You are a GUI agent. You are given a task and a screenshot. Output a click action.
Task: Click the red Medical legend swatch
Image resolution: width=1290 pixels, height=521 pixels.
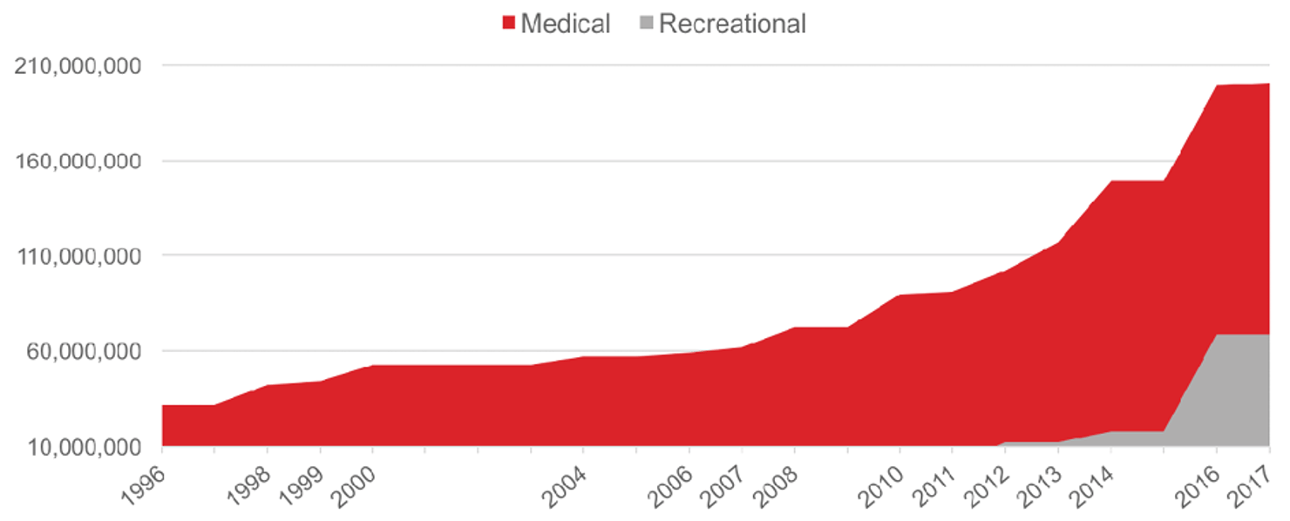point(509,24)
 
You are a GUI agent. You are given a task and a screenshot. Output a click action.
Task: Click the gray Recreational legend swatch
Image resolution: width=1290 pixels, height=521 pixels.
point(647,24)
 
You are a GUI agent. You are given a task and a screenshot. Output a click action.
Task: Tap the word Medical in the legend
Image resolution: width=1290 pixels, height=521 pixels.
point(566,24)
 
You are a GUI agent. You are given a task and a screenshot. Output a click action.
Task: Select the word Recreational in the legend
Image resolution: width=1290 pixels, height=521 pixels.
point(732,24)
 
